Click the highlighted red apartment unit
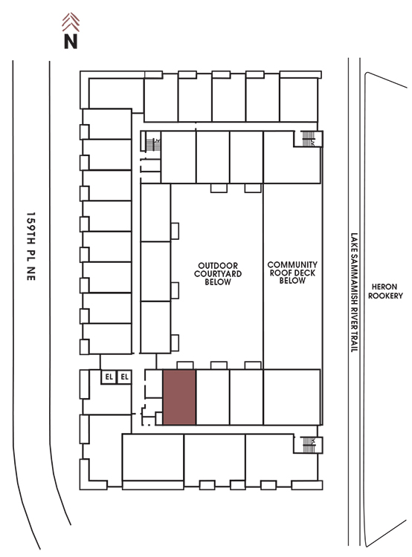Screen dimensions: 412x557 [179, 397]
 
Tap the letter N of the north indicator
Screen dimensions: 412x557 [71, 41]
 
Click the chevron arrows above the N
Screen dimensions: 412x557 [71, 22]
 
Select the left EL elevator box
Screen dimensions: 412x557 [109, 377]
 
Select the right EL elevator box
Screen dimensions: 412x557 [124, 377]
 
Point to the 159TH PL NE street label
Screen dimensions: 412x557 [31, 247]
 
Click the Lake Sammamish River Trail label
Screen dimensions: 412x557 [354, 293]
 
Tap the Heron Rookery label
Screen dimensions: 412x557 [385, 291]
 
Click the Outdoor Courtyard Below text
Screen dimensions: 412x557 [218, 273]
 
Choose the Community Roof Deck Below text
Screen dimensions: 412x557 [292, 273]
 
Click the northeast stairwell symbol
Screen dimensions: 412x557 [308, 139]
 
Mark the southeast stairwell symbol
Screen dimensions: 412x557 [309, 445]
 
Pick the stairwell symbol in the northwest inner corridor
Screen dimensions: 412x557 [153, 144]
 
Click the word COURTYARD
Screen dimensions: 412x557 [218, 273]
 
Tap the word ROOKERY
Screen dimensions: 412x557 [385, 296]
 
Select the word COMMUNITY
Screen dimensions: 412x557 [292, 264]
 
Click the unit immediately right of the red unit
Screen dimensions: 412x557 [213, 397]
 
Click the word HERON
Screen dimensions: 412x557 [384, 287]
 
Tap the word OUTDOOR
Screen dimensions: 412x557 [218, 266]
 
